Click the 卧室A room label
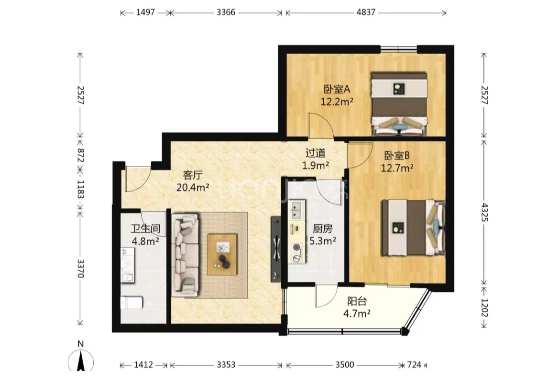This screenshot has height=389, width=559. [x=337, y=89]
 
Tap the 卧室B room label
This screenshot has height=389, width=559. [x=397, y=155]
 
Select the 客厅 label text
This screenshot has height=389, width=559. [x=193, y=175]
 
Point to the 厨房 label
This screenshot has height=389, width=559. [x=323, y=228]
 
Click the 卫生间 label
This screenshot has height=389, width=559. [x=145, y=229]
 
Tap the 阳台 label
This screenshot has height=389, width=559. [x=357, y=301]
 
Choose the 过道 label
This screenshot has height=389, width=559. [x=316, y=153]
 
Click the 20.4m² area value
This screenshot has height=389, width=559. [x=193, y=187]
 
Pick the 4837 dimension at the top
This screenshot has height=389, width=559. [x=366, y=12]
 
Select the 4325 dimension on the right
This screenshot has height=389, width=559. [x=484, y=212]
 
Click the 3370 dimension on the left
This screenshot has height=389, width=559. [x=80, y=268]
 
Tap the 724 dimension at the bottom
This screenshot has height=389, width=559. [x=414, y=365]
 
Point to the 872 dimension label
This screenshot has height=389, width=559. [x=80, y=155]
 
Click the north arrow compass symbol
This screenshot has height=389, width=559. [x=81, y=358]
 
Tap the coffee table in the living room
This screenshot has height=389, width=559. [x=222, y=254]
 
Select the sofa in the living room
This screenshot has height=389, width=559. [x=185, y=255]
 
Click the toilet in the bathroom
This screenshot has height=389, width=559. [x=132, y=303]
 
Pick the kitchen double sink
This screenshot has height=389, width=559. [x=297, y=210]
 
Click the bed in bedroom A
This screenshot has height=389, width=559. [x=399, y=103]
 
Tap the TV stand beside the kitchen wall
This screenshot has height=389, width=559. [x=276, y=249]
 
